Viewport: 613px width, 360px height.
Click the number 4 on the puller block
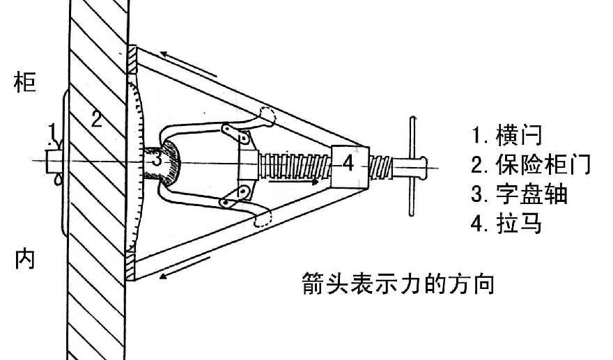click(x=348, y=163)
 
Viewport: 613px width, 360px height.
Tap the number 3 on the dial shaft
click(x=156, y=159)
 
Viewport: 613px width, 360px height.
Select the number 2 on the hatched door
click(x=97, y=119)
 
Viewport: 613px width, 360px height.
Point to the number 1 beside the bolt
click(x=52, y=131)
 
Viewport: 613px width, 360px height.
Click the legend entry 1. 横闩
click(x=507, y=134)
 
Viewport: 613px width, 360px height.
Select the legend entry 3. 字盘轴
click(x=519, y=194)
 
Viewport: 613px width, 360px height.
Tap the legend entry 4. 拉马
click(x=506, y=223)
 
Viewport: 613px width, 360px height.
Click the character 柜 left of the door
click(x=24, y=81)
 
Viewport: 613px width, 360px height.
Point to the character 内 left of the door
click(x=24, y=259)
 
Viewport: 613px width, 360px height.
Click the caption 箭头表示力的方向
click(x=398, y=283)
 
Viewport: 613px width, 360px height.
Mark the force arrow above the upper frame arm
click(x=188, y=64)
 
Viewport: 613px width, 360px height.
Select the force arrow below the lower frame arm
click(x=185, y=268)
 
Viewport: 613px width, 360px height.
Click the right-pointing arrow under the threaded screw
click(x=293, y=182)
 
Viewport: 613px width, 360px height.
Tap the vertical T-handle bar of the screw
click(x=412, y=166)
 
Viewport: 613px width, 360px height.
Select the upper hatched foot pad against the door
click(x=132, y=60)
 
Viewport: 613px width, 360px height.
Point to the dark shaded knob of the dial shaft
click(x=170, y=163)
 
